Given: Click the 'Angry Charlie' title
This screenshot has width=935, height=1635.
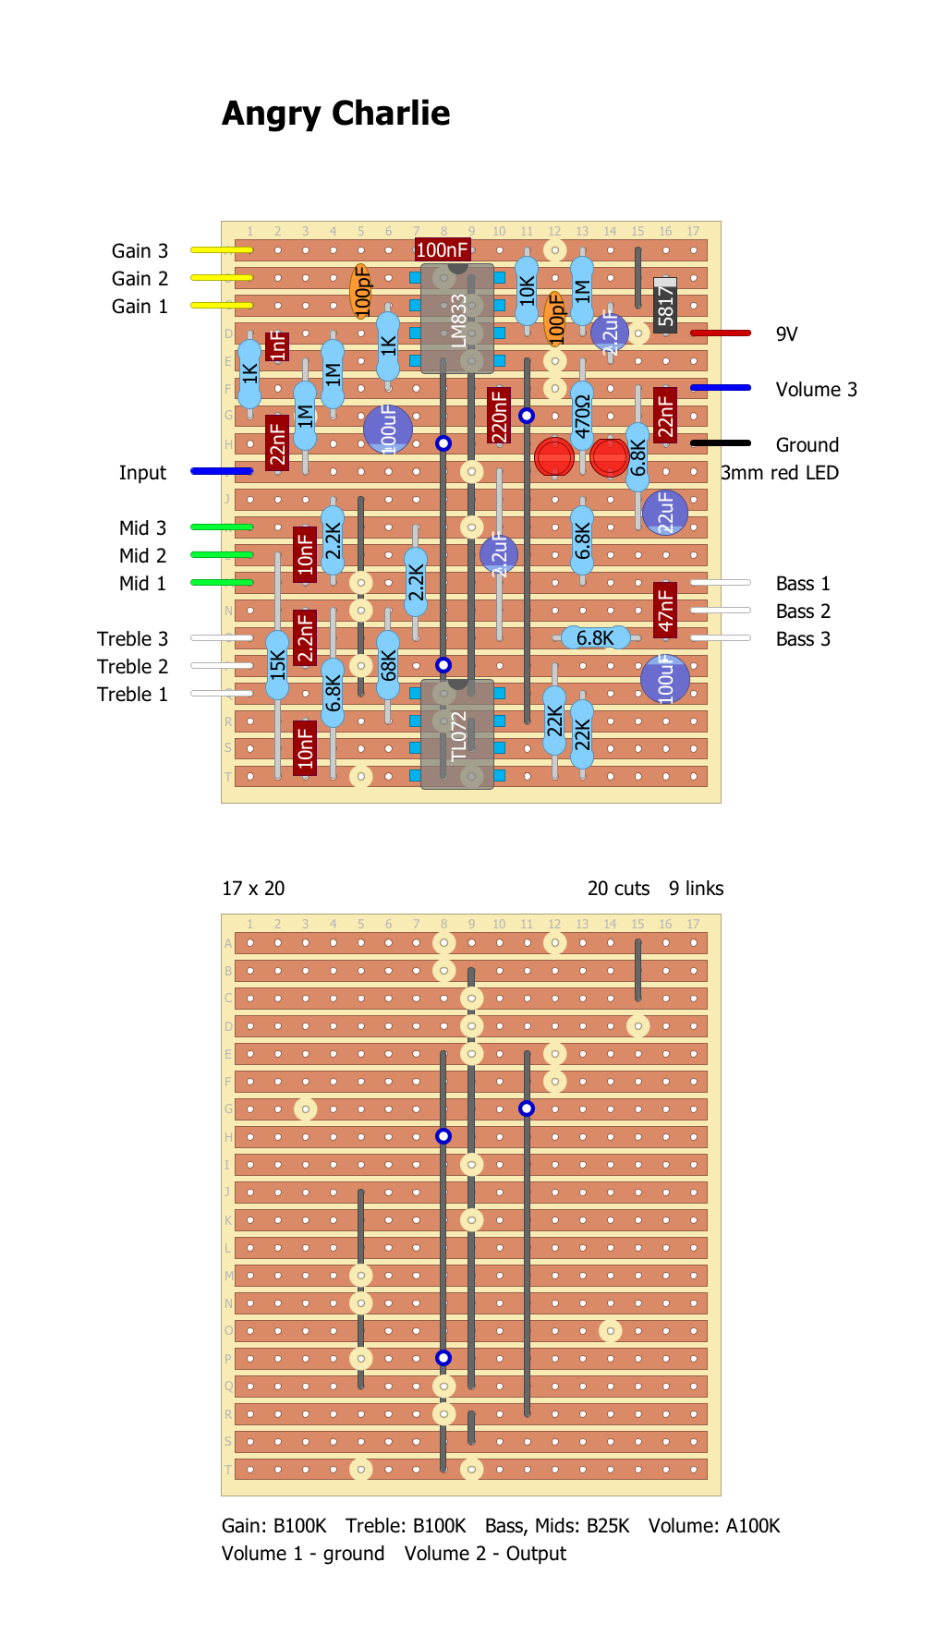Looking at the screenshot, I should coord(335,114).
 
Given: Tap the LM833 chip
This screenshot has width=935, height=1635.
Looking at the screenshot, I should coord(457,319).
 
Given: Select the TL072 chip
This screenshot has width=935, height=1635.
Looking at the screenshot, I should coord(457,735).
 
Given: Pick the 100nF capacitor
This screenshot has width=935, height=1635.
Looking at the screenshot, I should coord(443,249).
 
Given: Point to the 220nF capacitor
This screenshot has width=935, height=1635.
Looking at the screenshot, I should coord(499,416).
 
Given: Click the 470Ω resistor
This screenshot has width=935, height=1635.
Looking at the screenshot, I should coord(582,416).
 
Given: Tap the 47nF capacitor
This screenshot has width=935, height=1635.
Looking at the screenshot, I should coord(665,610).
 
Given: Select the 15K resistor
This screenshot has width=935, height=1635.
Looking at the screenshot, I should coord(277,665).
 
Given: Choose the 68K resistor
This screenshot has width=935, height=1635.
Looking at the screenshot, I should coord(388,665).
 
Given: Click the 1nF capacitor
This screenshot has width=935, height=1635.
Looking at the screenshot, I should coord(277,346).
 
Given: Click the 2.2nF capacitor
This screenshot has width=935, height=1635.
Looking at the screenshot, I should coord(305,637).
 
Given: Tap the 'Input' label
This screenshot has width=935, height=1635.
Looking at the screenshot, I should coord(142,473).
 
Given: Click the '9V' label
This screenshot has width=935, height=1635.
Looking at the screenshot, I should coord(786,334).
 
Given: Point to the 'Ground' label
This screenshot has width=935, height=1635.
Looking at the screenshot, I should coord(807,445).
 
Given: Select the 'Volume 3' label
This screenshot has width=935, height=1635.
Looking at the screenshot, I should coord(816,390).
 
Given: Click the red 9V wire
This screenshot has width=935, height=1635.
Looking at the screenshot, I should coord(721,333).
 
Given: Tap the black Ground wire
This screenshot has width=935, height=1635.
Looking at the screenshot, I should coord(721,443).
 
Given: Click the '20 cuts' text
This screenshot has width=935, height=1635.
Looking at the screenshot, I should coord(618,889).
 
